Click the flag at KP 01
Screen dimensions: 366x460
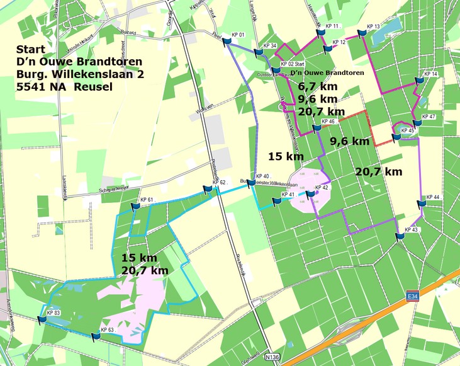pos(227,41)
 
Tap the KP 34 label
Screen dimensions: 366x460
pos(270,46)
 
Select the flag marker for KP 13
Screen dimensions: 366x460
pos(362,34)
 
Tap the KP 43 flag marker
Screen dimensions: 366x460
pos(400,236)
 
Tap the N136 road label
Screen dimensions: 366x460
pos(272,357)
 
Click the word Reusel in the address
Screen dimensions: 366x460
pos(93,86)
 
